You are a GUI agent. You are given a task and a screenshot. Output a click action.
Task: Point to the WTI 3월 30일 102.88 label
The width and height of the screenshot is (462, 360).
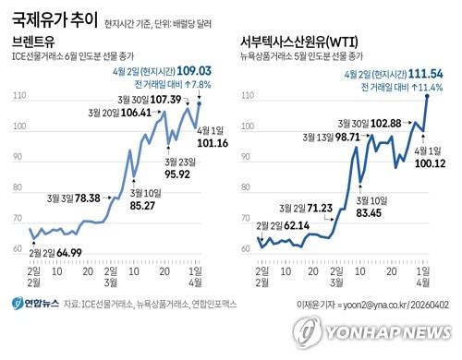(371, 123)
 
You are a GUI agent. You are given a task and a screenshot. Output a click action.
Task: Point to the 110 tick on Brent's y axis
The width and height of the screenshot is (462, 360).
(19, 97)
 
